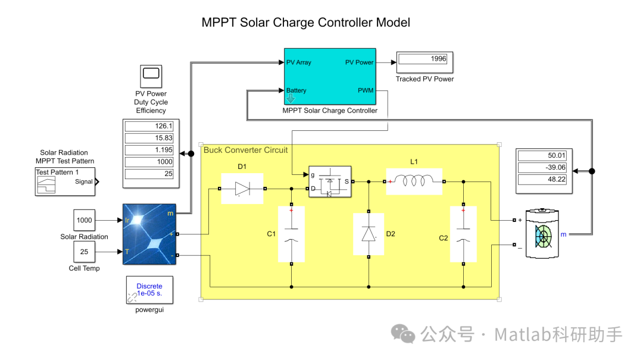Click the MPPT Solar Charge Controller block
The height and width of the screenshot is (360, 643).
[x=329, y=77]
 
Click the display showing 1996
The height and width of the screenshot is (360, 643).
[x=426, y=60]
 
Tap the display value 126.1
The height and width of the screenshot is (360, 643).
[x=149, y=126]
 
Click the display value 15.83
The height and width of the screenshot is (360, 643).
[x=149, y=138]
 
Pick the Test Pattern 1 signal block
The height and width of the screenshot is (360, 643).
[x=65, y=181]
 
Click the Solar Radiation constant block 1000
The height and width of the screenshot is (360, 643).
[x=85, y=220]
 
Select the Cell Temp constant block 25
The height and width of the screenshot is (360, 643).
[x=85, y=252]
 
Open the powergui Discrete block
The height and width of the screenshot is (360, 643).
[x=149, y=290]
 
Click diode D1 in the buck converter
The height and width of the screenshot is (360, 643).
[x=242, y=189]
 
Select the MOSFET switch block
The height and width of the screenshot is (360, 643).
[x=329, y=181]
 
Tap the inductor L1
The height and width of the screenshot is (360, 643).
[x=415, y=181]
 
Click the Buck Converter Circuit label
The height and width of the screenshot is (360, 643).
[x=245, y=150]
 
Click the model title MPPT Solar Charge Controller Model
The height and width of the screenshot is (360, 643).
[x=305, y=23]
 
